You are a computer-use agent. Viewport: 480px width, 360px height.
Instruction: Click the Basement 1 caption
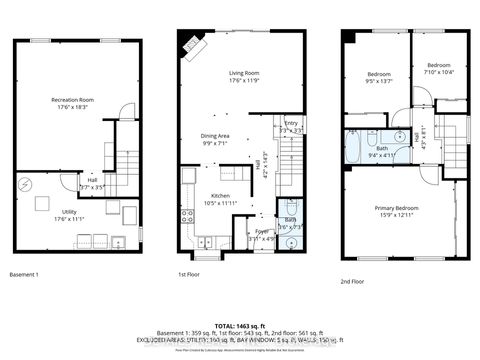[24, 274]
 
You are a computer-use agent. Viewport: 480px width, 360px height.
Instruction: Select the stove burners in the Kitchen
[186, 219]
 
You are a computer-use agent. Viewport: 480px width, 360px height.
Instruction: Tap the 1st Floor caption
[190, 274]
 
